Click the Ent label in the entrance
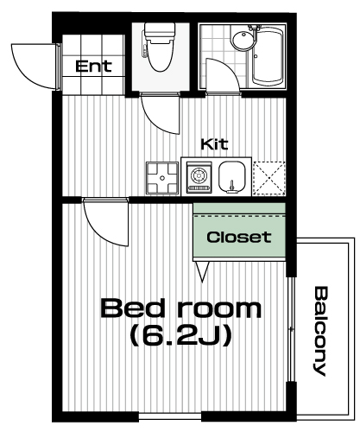click(93, 66)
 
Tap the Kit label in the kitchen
click(215, 144)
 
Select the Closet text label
click(239, 237)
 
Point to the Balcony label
click(319, 331)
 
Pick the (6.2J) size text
click(181, 335)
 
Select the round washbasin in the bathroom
click(243, 41)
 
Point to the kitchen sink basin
click(232, 177)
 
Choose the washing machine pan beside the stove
click(162, 178)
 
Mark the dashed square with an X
click(269, 178)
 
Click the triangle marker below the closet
click(202, 271)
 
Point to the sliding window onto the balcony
click(292, 329)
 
